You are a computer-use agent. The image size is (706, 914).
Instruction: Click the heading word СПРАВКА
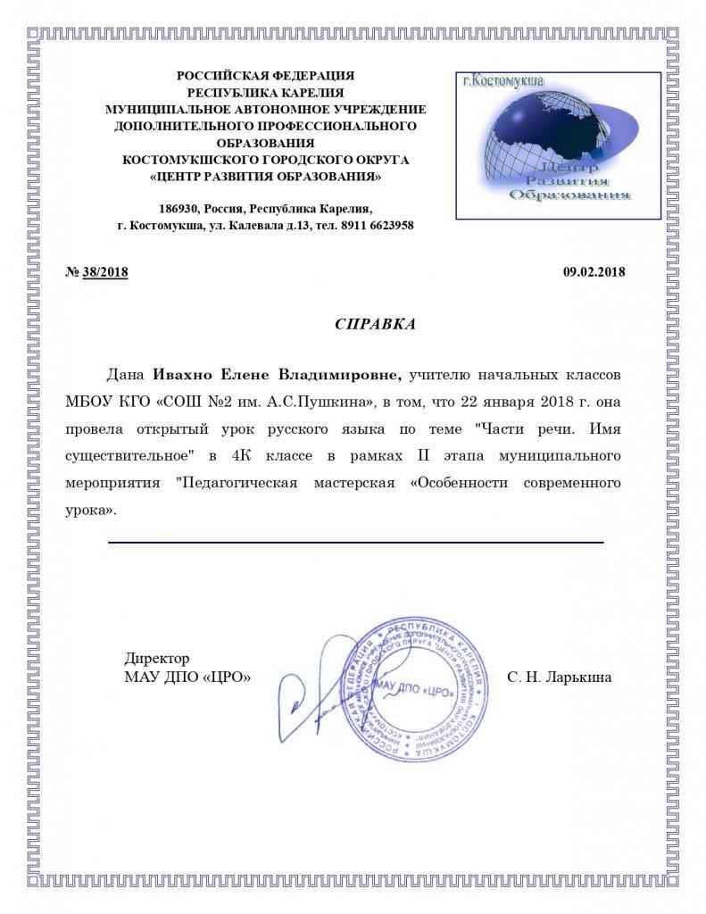pyautogui.click(x=375, y=324)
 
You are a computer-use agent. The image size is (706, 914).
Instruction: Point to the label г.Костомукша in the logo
pyautogui.click(x=505, y=81)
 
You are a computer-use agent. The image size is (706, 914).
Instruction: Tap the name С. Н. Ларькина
pyautogui.click(x=559, y=677)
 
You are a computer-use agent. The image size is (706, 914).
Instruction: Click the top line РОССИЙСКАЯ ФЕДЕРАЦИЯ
pyautogui.click(x=265, y=76)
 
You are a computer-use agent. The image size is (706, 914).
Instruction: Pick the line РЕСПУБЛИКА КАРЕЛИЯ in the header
pyautogui.click(x=265, y=92)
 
